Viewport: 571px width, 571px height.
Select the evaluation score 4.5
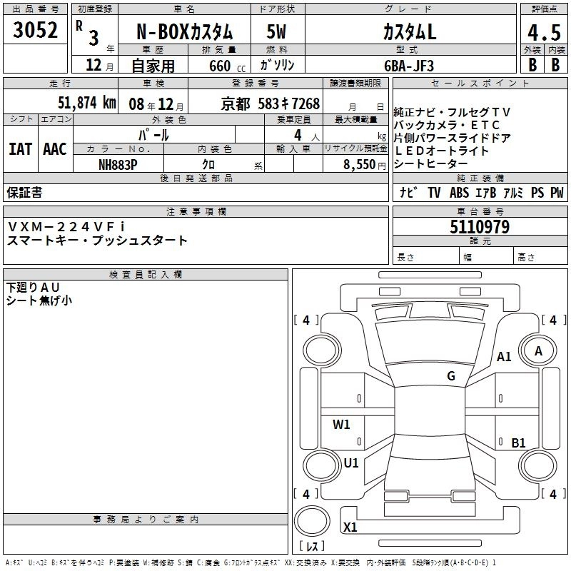pos(542,32)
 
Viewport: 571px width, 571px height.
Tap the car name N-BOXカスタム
pos(184,33)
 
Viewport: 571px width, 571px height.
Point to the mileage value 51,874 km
pos(86,103)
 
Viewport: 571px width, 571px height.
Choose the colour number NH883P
pos(118,163)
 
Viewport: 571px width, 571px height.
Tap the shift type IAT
pos(20,149)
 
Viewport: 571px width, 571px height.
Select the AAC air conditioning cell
pos(54,149)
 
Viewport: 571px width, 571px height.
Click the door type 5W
pos(276,33)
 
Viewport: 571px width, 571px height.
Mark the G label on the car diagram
pos(451,376)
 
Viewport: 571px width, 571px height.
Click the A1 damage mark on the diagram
pos(504,357)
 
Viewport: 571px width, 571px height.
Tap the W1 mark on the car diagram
pos(342,425)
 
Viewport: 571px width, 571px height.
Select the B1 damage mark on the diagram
pos(518,443)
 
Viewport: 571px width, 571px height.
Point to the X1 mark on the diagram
pos(350,527)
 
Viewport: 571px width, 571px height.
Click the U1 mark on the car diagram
pos(350,463)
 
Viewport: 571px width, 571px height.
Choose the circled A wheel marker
pos(539,350)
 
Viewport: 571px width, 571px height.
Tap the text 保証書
pos(24,192)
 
